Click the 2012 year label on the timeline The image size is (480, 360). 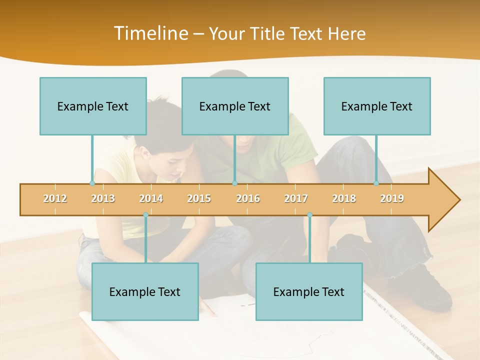55,198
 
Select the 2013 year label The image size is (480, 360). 103,198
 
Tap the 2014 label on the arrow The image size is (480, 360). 151,198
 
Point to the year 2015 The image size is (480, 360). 199,198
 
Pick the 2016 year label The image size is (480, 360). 248,198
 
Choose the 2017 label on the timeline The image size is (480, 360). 296,198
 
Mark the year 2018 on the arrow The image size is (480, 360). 344,198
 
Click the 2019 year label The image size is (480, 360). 392,198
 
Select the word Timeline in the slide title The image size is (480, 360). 150,33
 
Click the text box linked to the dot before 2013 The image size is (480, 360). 93,106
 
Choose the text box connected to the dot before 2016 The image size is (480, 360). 235,106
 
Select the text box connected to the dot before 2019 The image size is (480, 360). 377,106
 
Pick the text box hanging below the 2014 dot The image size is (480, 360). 145,291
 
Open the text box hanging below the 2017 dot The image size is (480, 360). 309,291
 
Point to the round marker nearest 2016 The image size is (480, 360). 234,183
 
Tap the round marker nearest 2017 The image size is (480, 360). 309,214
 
